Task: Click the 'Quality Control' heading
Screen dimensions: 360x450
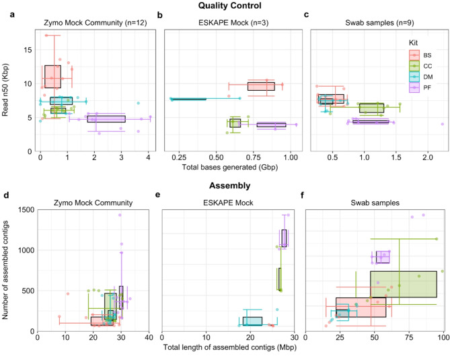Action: tap(225, 6)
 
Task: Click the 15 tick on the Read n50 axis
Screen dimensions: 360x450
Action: tap(26, 49)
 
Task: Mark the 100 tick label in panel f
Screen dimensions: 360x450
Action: tap(441, 338)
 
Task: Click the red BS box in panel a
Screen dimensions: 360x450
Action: tap(52, 77)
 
